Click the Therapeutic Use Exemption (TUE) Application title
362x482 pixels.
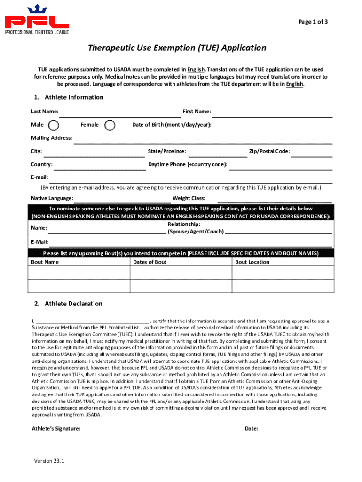pos(177,48)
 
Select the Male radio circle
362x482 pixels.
pos(54,125)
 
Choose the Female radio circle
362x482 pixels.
pos(110,125)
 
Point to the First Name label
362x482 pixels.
pos(197,112)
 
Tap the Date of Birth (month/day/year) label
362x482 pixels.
pos(172,125)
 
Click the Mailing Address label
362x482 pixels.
pos(52,138)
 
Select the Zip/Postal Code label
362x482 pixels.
pos(269,151)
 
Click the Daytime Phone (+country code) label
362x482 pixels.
pos(188,164)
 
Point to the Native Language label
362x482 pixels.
pos(52,198)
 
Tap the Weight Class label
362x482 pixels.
pos(189,198)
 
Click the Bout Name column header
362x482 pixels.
pos(45,262)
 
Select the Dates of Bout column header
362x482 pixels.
pos(150,262)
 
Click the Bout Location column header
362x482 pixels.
pos(252,262)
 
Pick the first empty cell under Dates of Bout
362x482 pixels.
pos(181,273)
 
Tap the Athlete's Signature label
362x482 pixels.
pos(56,429)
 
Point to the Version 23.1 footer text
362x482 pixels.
pos(49,461)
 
